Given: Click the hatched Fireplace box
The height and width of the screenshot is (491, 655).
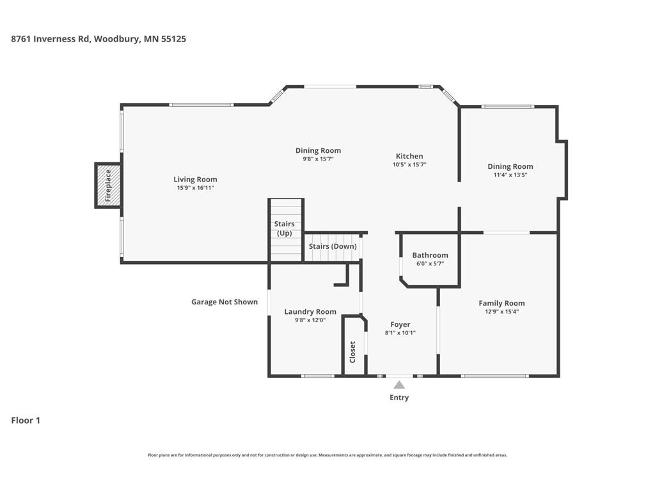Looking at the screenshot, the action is (108, 185).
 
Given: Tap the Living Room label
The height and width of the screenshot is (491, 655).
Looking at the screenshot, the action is (195, 180).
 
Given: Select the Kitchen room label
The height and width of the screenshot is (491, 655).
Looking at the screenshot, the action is (409, 156).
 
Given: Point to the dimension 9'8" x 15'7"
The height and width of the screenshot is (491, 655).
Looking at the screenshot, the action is (318, 159).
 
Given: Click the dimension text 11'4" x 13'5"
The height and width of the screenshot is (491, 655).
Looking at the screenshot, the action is (510, 175).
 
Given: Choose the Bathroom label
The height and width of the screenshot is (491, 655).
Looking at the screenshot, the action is (430, 255).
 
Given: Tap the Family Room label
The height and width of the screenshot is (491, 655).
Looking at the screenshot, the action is (501, 303).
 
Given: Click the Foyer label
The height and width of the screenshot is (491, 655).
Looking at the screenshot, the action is (400, 324).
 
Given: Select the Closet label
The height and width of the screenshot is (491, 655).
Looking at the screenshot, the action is (352, 352).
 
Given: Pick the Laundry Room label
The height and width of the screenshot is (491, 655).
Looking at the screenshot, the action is (310, 312).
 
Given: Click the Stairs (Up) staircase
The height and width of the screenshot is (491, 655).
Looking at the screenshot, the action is (285, 230).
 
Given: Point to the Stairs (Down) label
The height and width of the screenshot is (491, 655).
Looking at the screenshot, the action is (333, 246).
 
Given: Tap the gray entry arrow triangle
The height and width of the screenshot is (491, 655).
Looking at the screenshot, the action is (399, 384).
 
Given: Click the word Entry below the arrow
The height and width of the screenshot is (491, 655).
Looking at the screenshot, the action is (399, 398).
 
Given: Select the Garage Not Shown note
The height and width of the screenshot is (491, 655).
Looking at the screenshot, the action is (225, 302).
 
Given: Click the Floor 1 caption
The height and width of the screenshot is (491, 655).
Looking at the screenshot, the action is (26, 421).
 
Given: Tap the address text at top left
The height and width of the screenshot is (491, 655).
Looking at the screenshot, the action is (99, 39).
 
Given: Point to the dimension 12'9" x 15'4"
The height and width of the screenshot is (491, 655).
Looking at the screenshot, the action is (501, 311).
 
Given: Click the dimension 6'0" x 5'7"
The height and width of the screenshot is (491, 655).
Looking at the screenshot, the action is (430, 263).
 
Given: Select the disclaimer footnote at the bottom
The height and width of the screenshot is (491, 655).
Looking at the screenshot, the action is (327, 455).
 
